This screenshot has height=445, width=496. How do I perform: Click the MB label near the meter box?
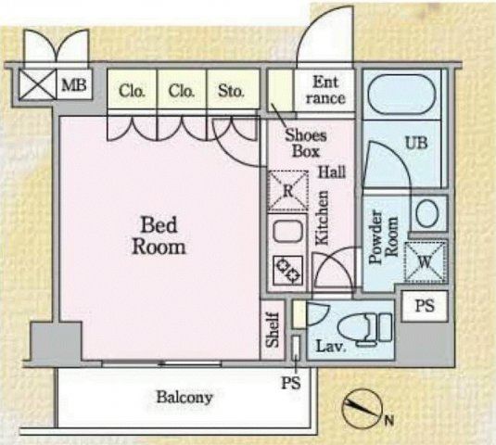coord(74,84)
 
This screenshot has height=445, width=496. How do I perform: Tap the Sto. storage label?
coord(231,91)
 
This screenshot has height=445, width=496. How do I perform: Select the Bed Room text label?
coord(159,235)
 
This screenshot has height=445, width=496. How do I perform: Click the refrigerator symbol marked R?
coord(287,191)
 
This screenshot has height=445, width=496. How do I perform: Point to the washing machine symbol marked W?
coord(426,261)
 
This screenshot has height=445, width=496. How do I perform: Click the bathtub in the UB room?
coord(402,94)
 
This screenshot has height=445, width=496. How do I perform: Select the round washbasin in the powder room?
coord(427,212)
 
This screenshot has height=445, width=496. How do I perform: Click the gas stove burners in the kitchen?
coord(288,271)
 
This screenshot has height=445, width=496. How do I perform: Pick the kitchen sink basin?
coord(287,232)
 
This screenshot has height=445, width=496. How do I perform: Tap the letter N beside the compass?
coord(389,421)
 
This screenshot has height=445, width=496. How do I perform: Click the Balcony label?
coord(184,397)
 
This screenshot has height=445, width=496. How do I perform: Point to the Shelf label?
coord(273,330)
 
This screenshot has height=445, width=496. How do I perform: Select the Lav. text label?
coord(330,348)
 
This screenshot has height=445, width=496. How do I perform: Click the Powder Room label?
coord(384,236)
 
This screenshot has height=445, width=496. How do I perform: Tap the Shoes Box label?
coord(306,144)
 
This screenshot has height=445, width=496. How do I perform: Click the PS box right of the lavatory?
coord(425,306)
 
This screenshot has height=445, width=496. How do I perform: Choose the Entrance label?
coord(325,90)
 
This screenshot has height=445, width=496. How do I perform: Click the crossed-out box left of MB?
coord(37,84)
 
